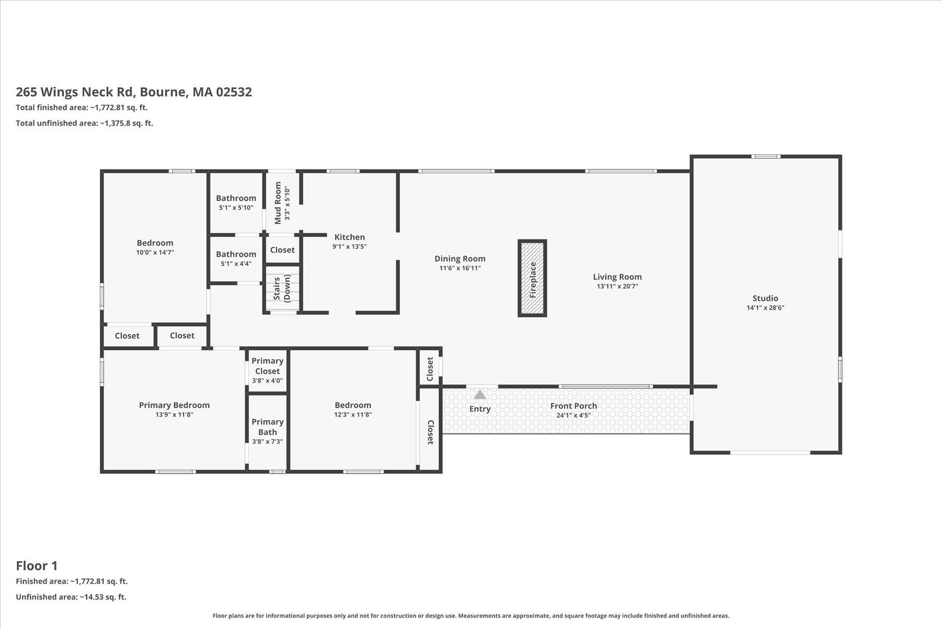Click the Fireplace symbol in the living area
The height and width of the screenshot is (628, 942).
(532, 278)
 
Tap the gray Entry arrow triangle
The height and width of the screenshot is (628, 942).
(479, 395)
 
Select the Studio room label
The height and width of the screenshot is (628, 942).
(765, 298)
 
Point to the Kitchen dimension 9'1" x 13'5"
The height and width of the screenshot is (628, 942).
(350, 246)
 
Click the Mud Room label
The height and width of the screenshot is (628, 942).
(278, 203)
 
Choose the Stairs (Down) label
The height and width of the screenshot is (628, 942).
(282, 288)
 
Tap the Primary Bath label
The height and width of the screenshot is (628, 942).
(267, 427)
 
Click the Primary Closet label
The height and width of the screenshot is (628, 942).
(267, 366)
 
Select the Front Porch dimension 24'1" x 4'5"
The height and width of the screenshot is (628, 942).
(574, 416)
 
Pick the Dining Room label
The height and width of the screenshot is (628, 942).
(459, 259)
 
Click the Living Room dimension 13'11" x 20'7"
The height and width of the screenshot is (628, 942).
(617, 286)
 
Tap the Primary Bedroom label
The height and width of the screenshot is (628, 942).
(174, 405)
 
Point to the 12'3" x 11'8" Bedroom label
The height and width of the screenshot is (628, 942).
(353, 405)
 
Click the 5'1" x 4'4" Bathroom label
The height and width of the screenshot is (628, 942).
(236, 254)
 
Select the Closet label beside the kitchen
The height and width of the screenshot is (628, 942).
(282, 250)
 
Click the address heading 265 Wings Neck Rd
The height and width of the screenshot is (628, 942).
(133, 92)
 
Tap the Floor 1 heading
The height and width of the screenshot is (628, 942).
(37, 566)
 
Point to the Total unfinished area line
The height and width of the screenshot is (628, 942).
(84, 124)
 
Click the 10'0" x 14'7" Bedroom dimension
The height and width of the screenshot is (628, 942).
(155, 252)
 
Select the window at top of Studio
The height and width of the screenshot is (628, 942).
(766, 156)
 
